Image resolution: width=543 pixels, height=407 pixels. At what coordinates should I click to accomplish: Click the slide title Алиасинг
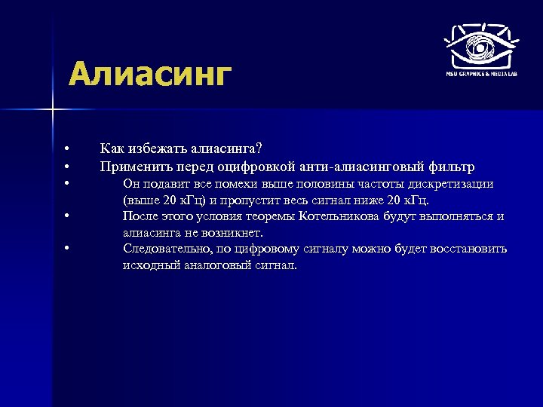[149, 75]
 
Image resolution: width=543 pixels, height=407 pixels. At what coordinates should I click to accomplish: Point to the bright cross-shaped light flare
[53, 111]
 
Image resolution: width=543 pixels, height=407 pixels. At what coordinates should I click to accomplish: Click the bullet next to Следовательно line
[67, 249]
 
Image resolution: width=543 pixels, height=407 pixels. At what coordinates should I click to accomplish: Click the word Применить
[133, 166]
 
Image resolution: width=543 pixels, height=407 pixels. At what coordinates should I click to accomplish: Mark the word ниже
[371, 200]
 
